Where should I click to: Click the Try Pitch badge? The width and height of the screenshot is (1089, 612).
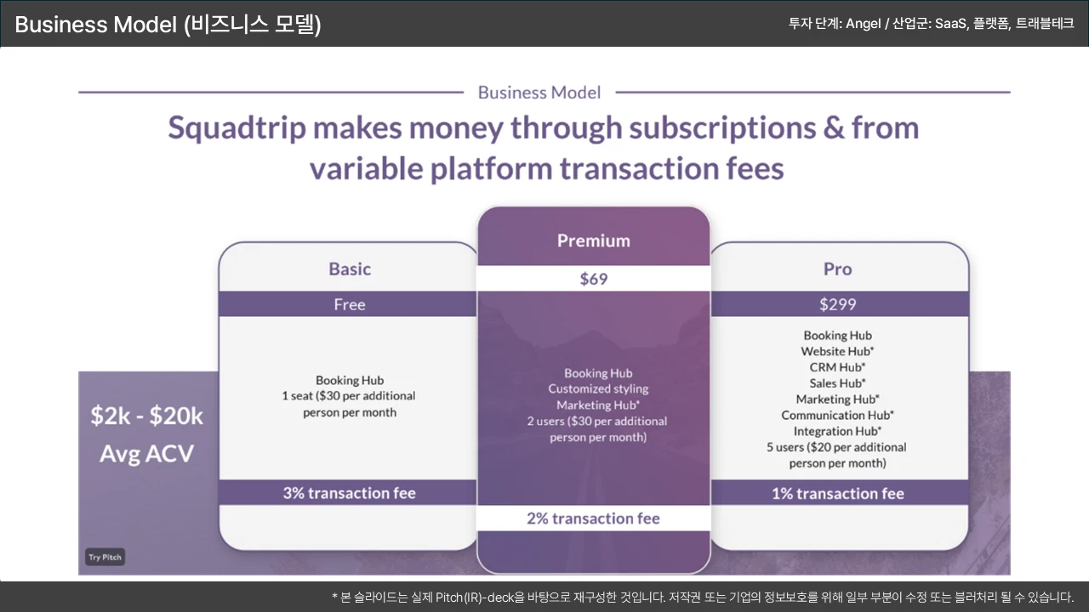click(105, 557)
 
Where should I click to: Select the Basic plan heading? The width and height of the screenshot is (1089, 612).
click(350, 269)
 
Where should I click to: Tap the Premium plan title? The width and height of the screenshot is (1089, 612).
click(594, 241)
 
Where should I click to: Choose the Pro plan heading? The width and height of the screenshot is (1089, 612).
click(838, 269)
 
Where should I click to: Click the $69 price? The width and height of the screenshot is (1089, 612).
click(594, 279)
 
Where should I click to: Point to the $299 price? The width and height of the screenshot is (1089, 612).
click(838, 304)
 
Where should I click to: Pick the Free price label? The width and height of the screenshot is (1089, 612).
click(350, 304)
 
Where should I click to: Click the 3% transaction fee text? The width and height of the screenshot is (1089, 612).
click(350, 493)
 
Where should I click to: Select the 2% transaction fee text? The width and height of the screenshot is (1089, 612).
click(594, 518)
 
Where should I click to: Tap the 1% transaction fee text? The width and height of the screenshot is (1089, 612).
click(838, 494)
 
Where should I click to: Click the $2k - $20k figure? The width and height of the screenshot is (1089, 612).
click(147, 416)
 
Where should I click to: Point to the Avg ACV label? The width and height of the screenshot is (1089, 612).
click(147, 454)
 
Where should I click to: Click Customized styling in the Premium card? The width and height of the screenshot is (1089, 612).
click(598, 389)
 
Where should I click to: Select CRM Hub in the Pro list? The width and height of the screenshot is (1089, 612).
click(838, 367)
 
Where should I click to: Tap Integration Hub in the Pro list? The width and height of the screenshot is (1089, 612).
click(838, 431)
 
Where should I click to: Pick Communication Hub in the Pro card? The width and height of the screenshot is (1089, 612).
click(838, 416)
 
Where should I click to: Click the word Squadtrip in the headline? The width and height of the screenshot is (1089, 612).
click(237, 128)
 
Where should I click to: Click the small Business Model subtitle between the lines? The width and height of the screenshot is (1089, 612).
click(539, 93)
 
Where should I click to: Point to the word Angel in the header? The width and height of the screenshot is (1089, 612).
click(863, 24)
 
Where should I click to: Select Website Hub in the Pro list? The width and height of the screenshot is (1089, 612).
click(838, 351)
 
